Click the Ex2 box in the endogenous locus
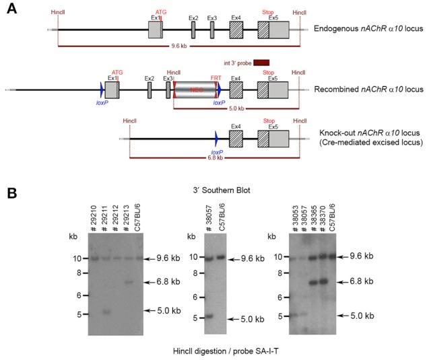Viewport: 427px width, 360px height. click(193, 30)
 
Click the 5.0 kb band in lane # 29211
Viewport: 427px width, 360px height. click(105, 312)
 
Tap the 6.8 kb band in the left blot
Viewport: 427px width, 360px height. click(128, 281)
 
